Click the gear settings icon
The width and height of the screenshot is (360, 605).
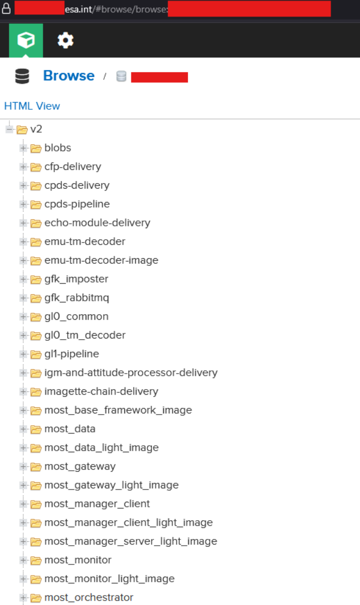[65, 40]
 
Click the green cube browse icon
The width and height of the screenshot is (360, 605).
[26, 40]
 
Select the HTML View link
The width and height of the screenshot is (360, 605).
[32, 106]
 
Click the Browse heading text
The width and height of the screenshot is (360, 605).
[69, 76]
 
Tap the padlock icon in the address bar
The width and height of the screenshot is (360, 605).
[6, 9]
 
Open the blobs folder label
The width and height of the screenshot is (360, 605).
[58, 148]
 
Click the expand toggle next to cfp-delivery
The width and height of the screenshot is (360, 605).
[23, 167]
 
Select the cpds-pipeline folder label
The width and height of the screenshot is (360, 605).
[77, 204]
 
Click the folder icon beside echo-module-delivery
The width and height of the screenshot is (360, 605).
[36, 223]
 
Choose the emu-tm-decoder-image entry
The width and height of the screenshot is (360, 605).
[101, 260]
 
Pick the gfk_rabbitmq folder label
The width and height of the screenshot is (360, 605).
[77, 298]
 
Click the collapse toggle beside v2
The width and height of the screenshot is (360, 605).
[9, 129]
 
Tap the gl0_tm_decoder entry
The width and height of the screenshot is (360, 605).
[85, 335]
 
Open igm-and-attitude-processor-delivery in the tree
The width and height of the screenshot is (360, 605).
[131, 372]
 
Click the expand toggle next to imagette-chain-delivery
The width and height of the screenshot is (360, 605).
[23, 391]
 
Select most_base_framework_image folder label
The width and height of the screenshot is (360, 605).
[118, 410]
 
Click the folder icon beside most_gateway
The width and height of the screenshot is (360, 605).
[36, 466]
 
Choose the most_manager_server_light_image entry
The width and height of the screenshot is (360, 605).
[131, 541]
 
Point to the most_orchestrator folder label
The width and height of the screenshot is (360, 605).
[89, 597]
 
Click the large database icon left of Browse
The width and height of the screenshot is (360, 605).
[22, 76]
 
